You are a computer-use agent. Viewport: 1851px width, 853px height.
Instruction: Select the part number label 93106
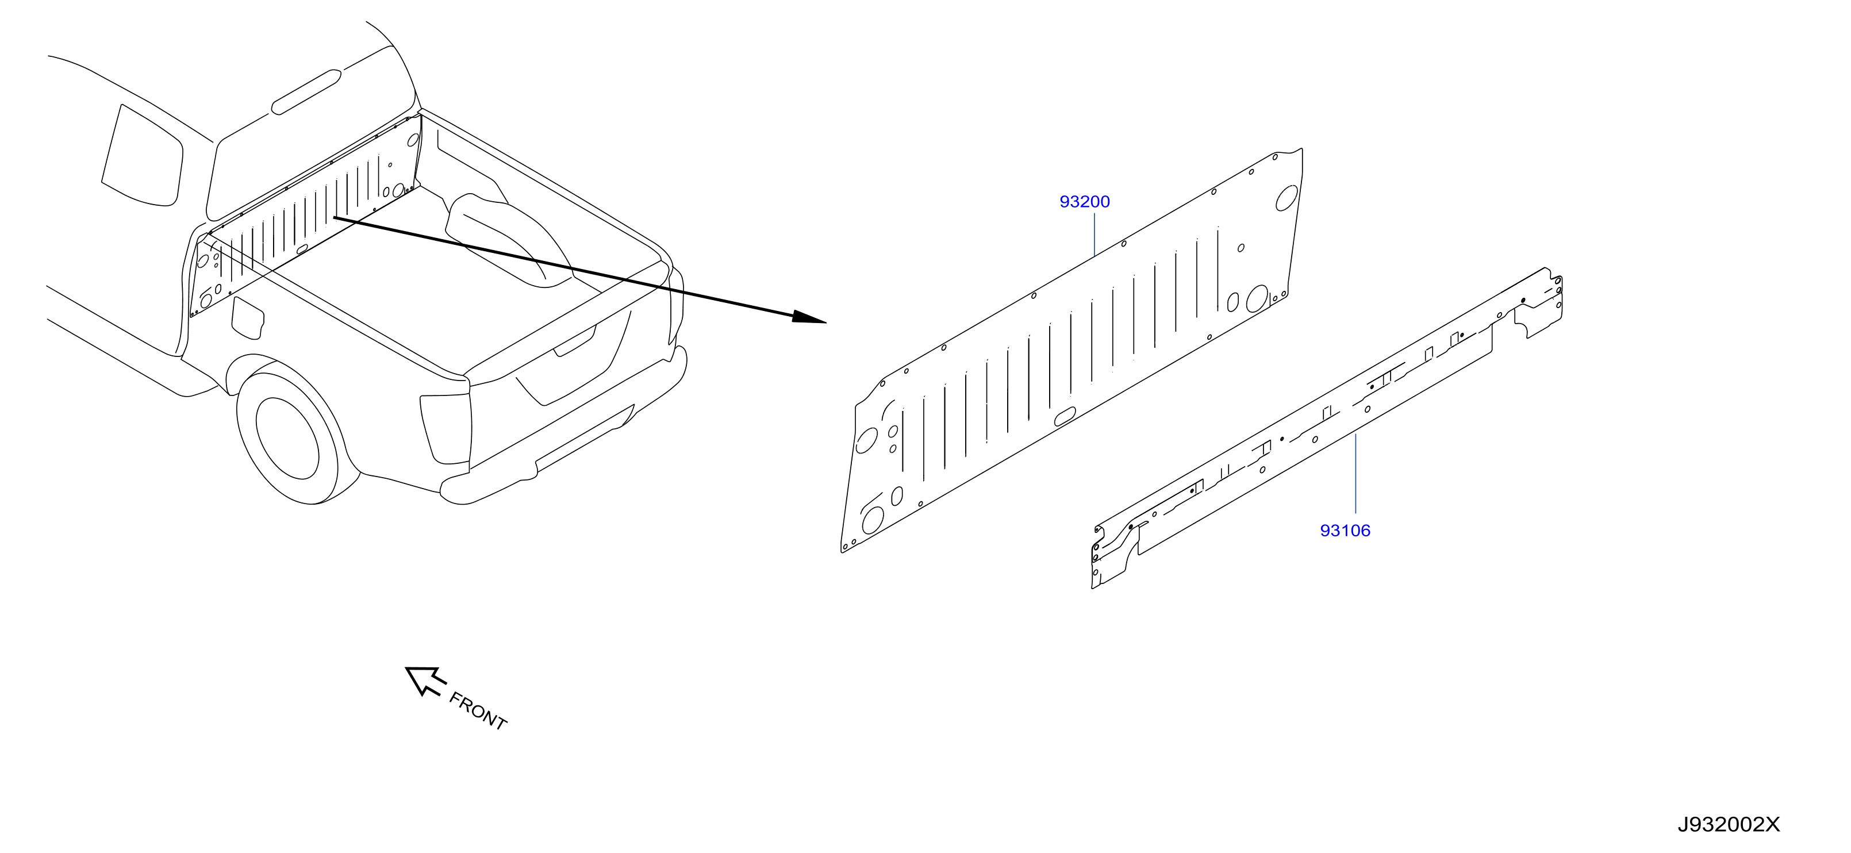click(1345, 531)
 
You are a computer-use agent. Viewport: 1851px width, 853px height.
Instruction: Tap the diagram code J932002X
click(1729, 825)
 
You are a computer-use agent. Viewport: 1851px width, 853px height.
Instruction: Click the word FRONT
click(478, 710)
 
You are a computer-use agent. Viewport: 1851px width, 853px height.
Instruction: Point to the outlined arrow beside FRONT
click(425, 681)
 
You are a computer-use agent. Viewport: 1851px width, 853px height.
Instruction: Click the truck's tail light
click(446, 429)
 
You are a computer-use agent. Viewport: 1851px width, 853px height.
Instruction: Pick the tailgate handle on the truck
click(574, 342)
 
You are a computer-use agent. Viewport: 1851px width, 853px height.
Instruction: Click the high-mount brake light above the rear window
click(306, 92)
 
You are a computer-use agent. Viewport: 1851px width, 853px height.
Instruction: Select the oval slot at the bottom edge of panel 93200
click(1064, 416)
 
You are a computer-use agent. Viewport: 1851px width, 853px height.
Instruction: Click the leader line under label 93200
click(1093, 235)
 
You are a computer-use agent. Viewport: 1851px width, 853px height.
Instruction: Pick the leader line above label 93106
click(1355, 474)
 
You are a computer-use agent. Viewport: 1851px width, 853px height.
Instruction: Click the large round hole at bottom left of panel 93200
click(873, 520)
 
